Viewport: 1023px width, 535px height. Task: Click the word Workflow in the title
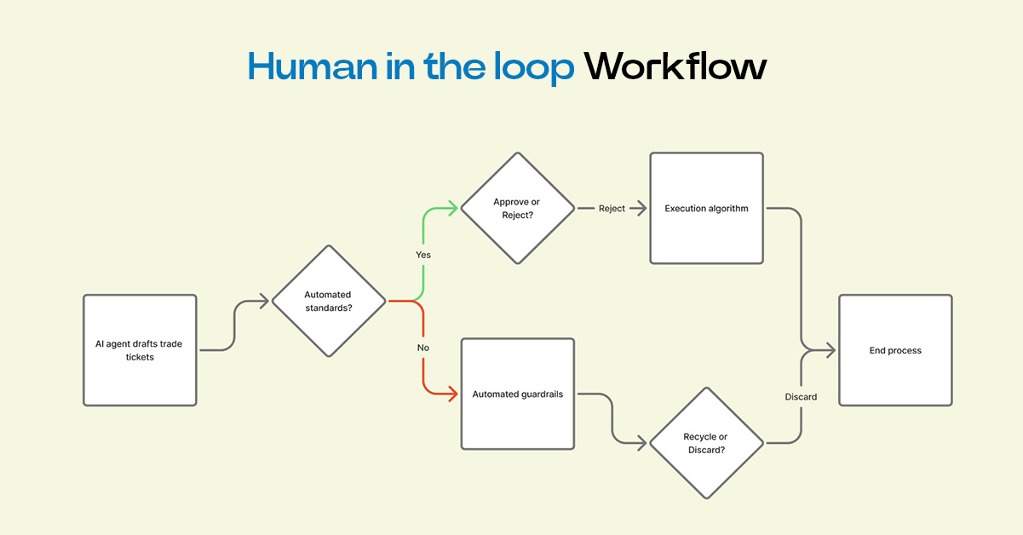[x=675, y=67]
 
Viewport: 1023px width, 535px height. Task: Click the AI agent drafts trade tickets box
[x=140, y=350]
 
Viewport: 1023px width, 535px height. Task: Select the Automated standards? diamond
[x=328, y=301]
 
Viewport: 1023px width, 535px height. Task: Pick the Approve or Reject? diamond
[x=517, y=208]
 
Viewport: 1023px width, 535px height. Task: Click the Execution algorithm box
[x=706, y=208]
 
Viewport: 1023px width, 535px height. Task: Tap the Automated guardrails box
[x=518, y=394]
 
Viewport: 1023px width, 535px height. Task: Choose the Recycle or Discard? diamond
[x=705, y=443]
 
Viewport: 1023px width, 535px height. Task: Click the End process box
[x=895, y=350]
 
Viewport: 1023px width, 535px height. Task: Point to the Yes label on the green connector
[x=423, y=255]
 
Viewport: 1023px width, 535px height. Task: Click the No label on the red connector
[x=423, y=348]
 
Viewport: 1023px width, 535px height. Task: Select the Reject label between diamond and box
[x=612, y=209]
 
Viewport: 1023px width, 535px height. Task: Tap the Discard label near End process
[x=801, y=397]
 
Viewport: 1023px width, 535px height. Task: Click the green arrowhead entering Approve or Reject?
[x=454, y=208]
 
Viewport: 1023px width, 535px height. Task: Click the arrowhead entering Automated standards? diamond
[x=265, y=301]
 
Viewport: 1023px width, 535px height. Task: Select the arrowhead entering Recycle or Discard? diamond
[x=643, y=443]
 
